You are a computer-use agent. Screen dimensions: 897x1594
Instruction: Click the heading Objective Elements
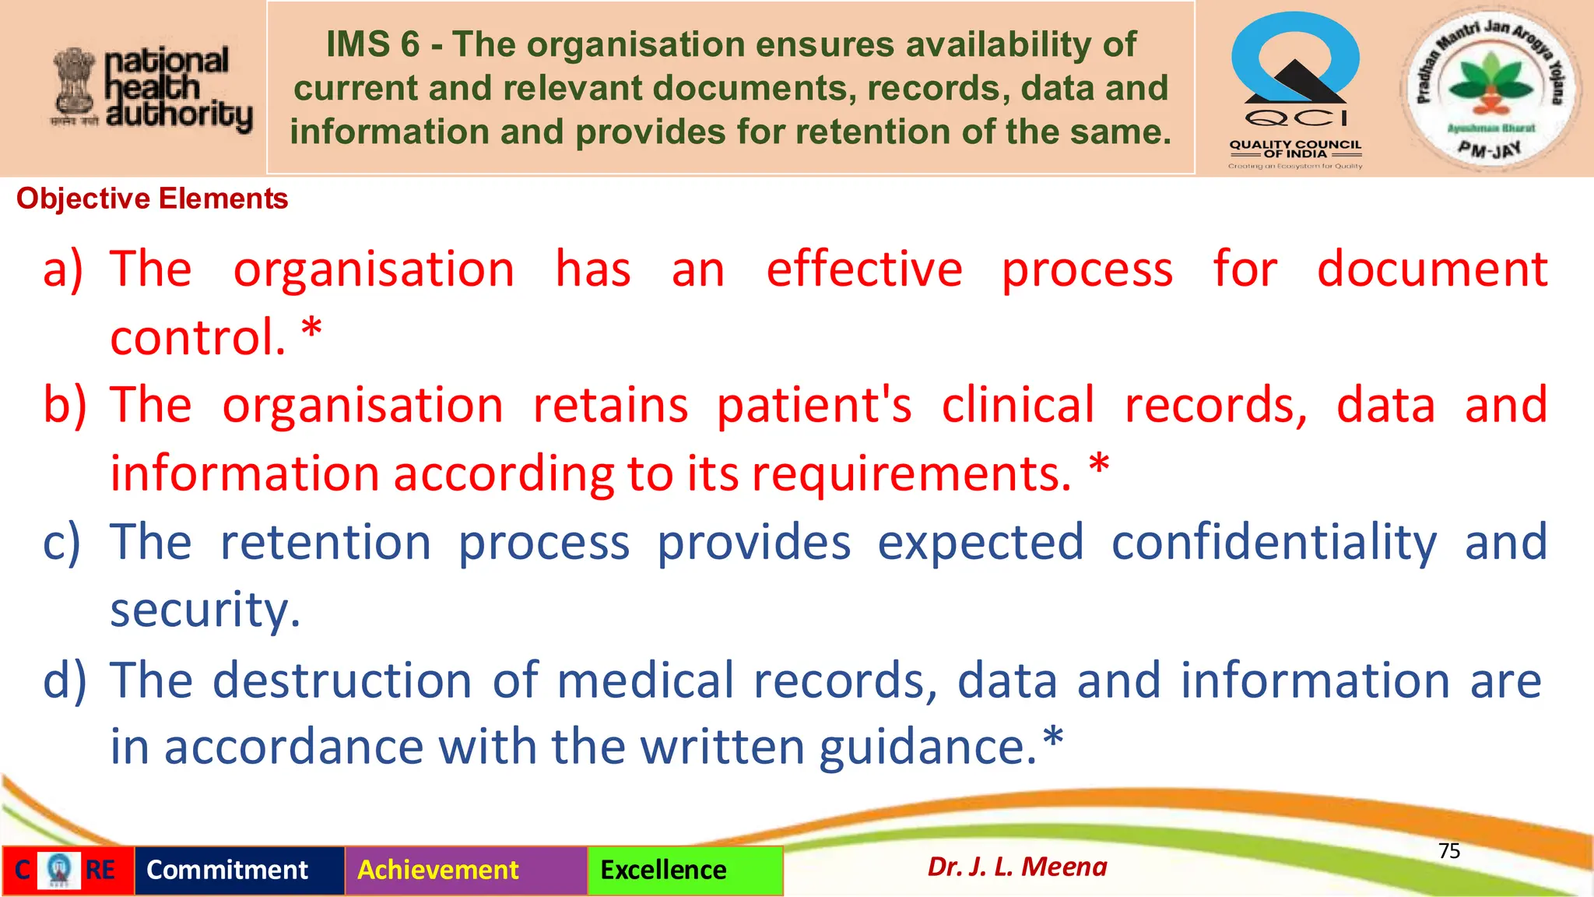click(x=152, y=199)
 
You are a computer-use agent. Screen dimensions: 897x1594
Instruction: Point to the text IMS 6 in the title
click(x=373, y=44)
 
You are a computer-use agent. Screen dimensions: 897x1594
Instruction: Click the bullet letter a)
click(x=62, y=269)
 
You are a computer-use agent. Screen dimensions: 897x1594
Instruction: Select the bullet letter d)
click(x=65, y=680)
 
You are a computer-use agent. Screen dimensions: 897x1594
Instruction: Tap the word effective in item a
click(x=864, y=269)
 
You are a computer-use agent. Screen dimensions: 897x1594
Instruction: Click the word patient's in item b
click(x=814, y=406)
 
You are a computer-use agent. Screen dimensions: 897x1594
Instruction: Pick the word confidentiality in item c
click(x=1273, y=543)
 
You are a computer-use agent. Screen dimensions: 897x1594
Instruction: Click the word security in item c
click(x=205, y=610)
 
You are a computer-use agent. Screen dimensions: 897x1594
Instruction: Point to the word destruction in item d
click(x=342, y=680)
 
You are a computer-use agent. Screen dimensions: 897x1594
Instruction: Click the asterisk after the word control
click(x=311, y=330)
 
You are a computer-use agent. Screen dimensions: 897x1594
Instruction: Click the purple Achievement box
click(x=465, y=870)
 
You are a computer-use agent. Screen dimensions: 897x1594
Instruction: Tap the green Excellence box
click(x=685, y=870)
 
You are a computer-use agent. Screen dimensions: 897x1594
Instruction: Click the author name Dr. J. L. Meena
click(x=1016, y=867)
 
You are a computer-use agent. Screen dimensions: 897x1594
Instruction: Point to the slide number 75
click(x=1448, y=850)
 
